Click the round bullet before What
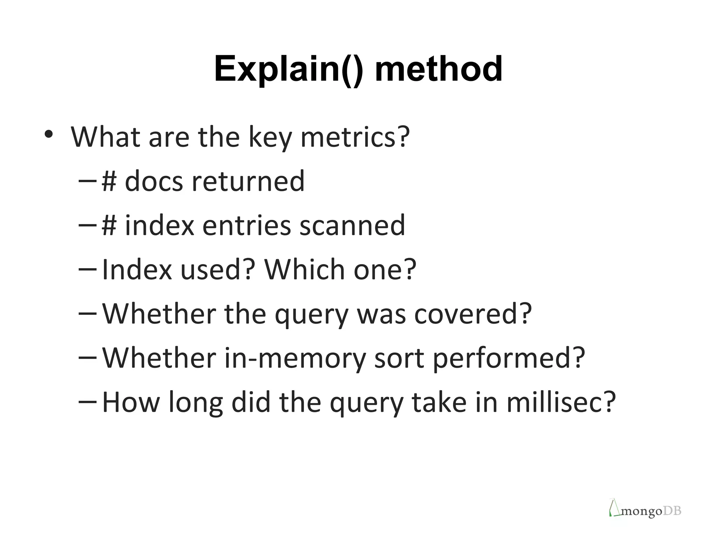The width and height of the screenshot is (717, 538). pyautogui.click(x=49, y=134)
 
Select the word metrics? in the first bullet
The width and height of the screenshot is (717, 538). pyautogui.click(x=355, y=137)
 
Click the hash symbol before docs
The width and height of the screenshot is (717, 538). pyautogui.click(x=109, y=181)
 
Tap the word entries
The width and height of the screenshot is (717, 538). pyautogui.click(x=246, y=225)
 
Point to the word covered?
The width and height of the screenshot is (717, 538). pyautogui.click(x=473, y=313)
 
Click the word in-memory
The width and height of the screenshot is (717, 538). pyautogui.click(x=294, y=358)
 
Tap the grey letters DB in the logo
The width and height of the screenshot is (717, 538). pyautogui.click(x=672, y=511)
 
